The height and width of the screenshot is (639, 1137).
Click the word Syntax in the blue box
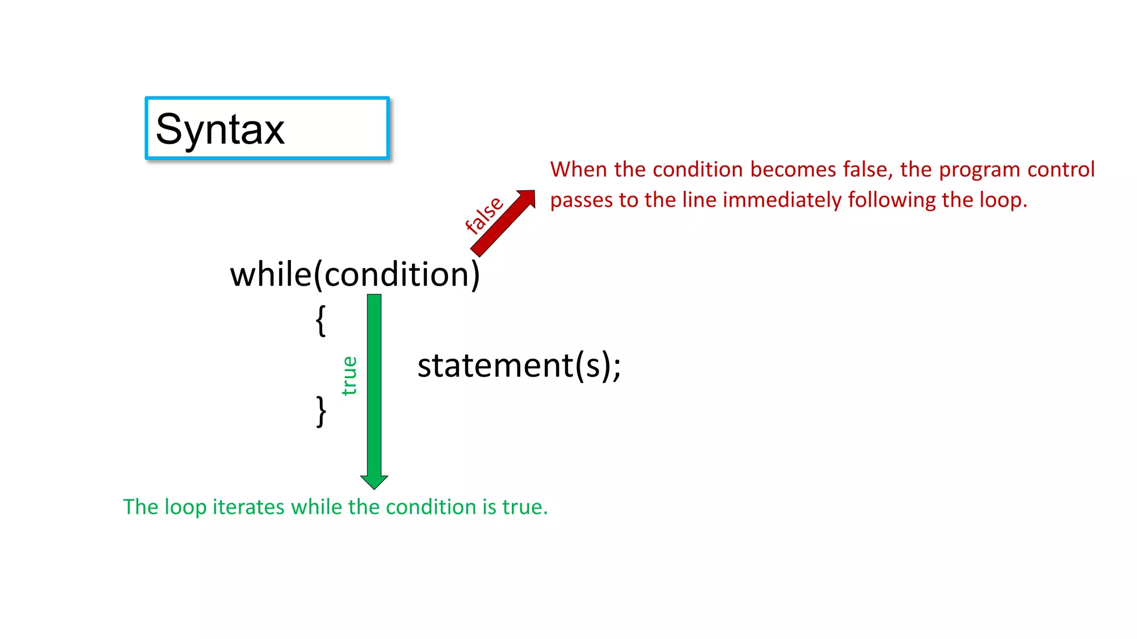pyautogui.click(x=220, y=129)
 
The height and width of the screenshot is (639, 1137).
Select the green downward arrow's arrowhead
pyautogui.click(x=374, y=481)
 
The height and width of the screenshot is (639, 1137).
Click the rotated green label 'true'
pyautogui.click(x=349, y=376)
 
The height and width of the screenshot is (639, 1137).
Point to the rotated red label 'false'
pyautogui.click(x=484, y=215)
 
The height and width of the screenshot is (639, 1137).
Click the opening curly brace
pyautogui.click(x=320, y=321)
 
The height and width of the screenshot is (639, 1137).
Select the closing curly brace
pyautogui.click(x=321, y=411)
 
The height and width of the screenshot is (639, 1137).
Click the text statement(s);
pyautogui.click(x=519, y=366)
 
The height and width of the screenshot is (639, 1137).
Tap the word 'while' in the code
pyautogui.click(x=271, y=275)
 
